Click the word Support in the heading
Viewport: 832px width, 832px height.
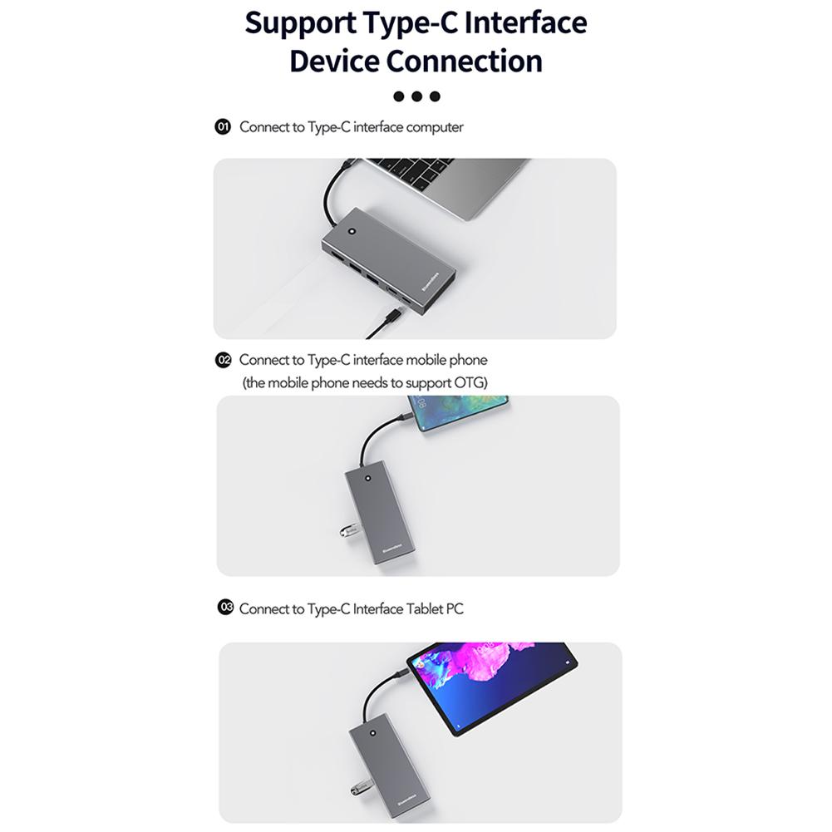point(300,23)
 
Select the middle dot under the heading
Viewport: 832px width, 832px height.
point(416,96)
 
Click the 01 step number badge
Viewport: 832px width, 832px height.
point(222,127)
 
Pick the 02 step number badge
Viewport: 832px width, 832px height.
point(223,360)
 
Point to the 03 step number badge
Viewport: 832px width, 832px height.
point(225,608)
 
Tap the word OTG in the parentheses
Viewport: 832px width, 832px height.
point(465,382)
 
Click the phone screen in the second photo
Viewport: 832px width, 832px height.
point(462,413)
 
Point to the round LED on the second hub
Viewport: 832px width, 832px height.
point(367,478)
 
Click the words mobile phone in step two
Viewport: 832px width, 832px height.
point(446,360)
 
